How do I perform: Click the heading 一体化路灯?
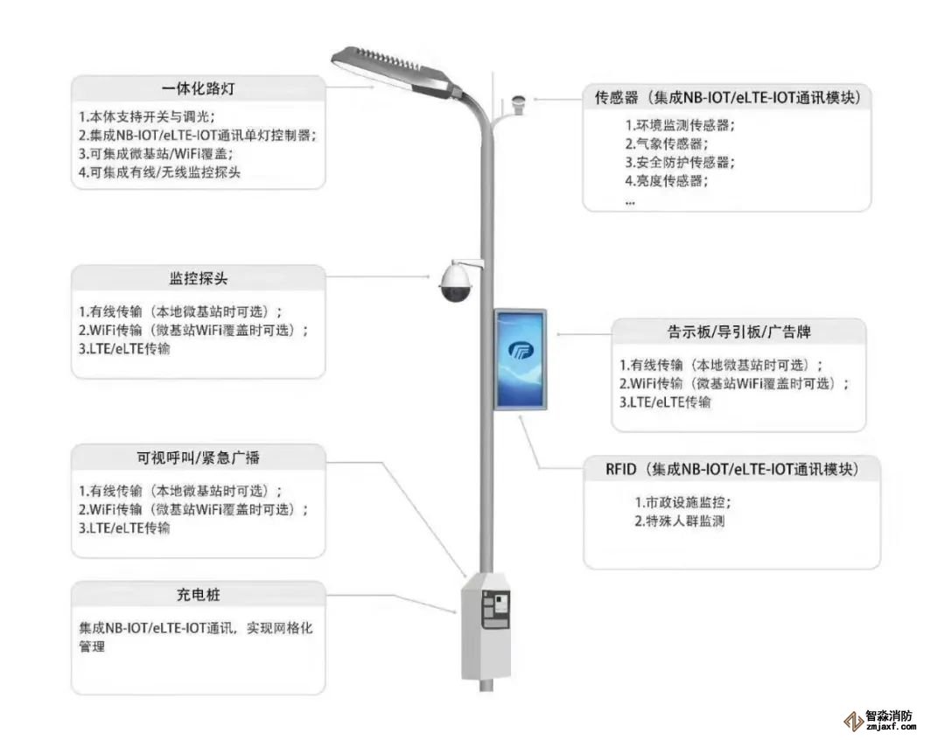(x=199, y=89)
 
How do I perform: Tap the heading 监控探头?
(x=199, y=279)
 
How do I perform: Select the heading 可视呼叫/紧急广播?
(x=198, y=458)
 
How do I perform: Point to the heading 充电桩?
(x=199, y=595)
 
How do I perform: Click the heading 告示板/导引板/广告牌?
(x=738, y=332)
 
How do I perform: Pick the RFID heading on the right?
(x=732, y=470)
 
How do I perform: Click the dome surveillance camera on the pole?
(x=455, y=282)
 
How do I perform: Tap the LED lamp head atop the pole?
(x=394, y=70)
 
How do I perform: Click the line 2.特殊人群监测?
(x=680, y=521)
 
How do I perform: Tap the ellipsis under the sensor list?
(x=630, y=201)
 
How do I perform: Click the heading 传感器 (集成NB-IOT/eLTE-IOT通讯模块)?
(x=727, y=97)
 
